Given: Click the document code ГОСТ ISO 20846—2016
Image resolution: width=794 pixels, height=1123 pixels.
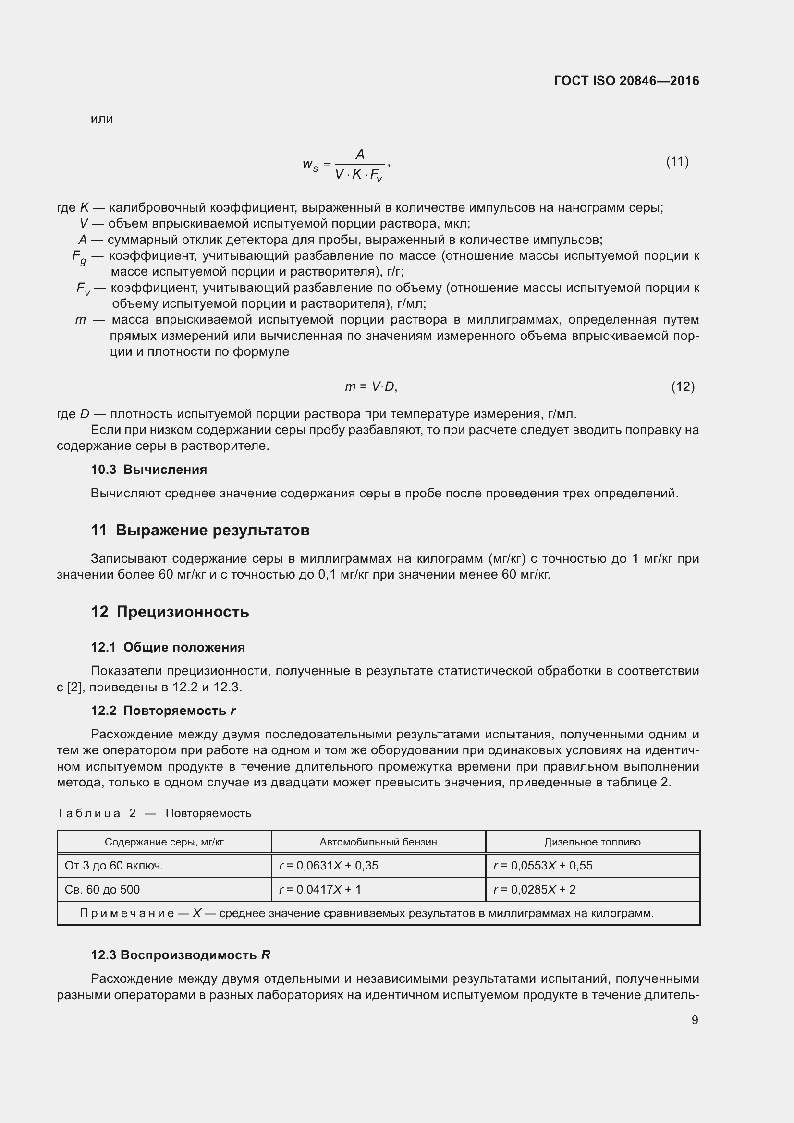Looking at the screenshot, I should point(626,81).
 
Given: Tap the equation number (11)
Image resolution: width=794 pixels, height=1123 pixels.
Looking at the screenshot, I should point(677,161).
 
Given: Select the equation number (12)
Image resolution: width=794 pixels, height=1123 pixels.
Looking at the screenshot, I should point(683,387).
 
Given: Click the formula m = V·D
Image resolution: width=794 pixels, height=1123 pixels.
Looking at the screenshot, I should point(371,387).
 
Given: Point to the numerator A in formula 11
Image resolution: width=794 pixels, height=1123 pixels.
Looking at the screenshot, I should point(360,155).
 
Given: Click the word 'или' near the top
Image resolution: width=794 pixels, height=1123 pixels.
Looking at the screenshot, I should point(102,119).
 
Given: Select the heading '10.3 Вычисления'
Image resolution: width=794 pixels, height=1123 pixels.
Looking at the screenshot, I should point(149,470).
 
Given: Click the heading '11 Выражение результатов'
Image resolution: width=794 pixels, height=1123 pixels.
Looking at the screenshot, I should point(200,530).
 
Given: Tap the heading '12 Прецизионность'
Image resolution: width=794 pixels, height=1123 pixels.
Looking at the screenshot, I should point(170,612).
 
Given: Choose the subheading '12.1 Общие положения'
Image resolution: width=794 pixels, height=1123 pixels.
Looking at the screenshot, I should point(168,647).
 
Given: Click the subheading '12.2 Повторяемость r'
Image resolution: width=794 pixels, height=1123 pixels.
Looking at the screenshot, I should point(163,711).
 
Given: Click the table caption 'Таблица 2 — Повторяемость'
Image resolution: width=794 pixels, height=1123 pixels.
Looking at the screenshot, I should point(154,813).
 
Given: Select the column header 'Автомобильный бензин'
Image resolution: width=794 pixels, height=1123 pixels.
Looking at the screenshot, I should point(378,842).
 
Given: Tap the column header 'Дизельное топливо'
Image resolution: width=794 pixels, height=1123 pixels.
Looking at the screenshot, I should point(592,842).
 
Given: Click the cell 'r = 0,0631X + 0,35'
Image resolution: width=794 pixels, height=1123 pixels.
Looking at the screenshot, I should point(329,865).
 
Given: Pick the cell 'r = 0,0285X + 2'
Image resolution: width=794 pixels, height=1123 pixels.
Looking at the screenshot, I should point(534,889).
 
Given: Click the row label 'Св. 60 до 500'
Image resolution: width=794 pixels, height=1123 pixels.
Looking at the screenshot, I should point(102,889).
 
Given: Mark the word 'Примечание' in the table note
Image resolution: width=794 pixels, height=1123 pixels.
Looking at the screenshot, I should point(127,913).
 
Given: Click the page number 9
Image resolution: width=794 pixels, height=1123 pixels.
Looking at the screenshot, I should point(694,1020).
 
